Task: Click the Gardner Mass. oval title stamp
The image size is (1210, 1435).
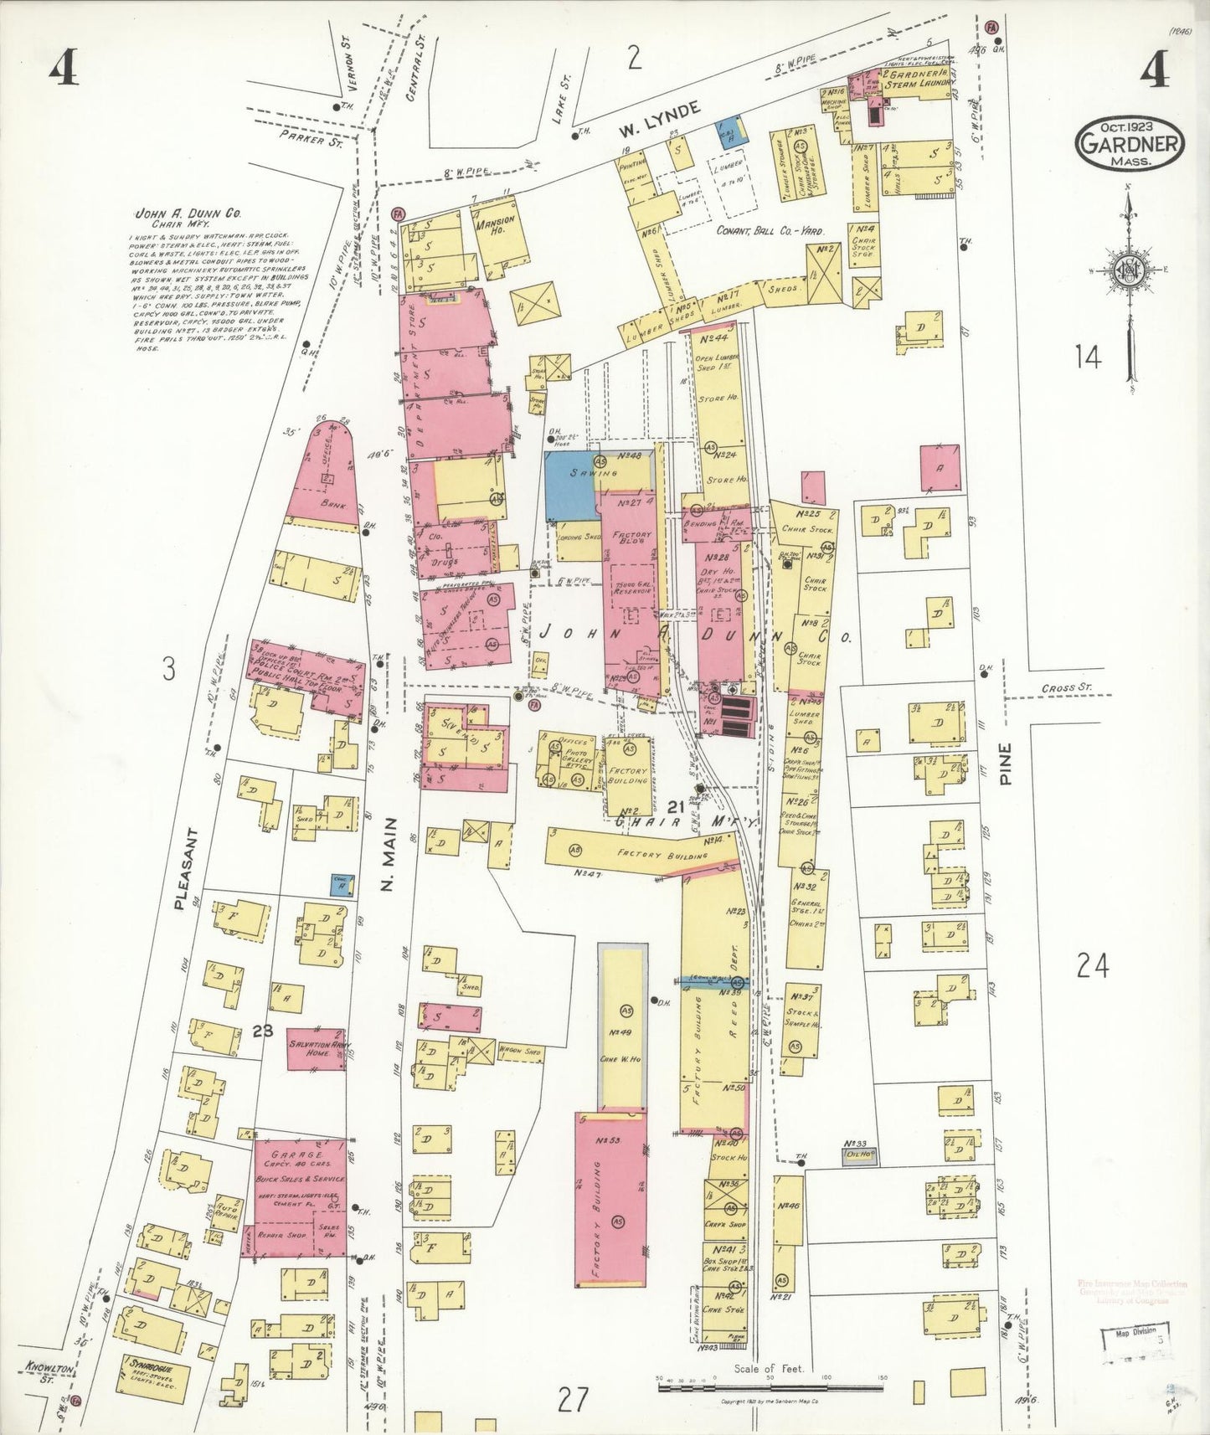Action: pyautogui.click(x=1130, y=144)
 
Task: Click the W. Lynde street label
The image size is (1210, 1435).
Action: pyautogui.click(x=659, y=121)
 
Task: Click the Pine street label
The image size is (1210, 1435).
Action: pyautogui.click(x=1005, y=764)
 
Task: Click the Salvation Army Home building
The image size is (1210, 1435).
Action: pyautogui.click(x=317, y=1049)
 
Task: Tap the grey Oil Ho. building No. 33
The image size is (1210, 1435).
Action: pyautogui.click(x=860, y=1156)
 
